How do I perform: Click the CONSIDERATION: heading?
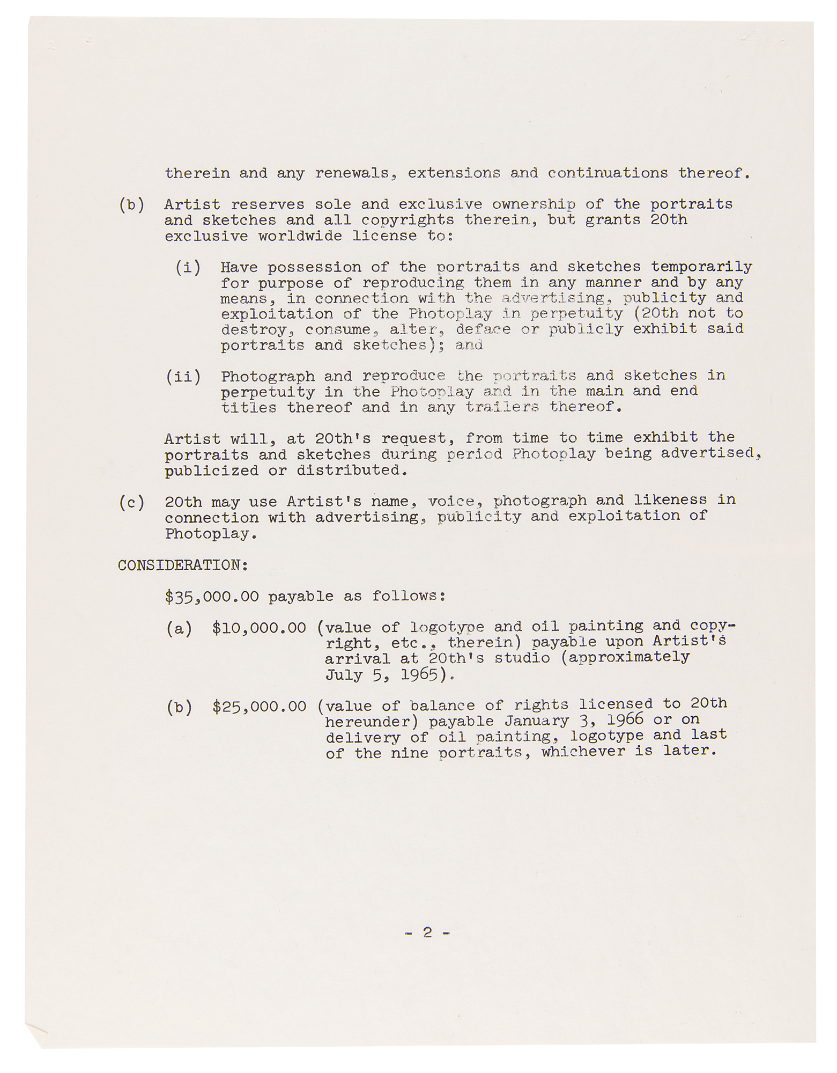[183, 565]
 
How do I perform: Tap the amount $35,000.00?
[212, 597]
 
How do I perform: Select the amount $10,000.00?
[259, 628]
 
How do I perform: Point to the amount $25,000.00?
[259, 707]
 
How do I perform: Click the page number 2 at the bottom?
[427, 932]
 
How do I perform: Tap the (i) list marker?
[188, 267]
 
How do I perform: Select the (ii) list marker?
[183, 377]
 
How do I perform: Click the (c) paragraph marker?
[131, 503]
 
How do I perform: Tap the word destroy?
[255, 329]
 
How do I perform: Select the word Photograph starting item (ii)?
[268, 377]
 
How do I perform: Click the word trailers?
[502, 407]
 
